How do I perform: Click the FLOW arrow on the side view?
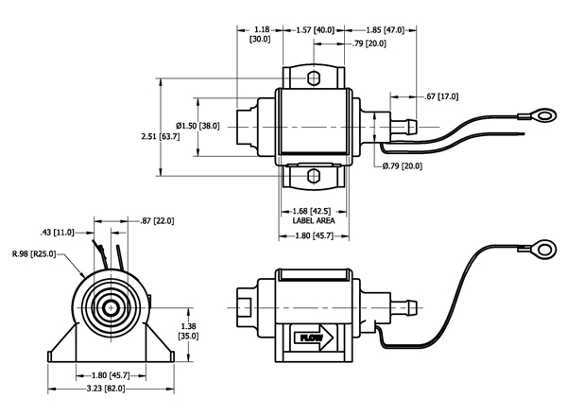314,338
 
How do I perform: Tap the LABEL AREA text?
314,220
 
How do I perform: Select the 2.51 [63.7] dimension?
161,136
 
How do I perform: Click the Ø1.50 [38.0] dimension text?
198,126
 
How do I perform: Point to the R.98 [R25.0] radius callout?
34,254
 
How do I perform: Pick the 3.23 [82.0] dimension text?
106,389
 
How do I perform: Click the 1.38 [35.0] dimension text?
188,331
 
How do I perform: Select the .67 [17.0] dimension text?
441,96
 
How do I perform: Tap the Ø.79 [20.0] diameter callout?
403,166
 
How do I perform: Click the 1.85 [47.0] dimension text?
386,29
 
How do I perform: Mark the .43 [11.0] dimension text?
57,233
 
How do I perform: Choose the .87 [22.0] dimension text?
157,220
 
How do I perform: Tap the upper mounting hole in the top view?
314,78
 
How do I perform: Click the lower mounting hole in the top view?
314,176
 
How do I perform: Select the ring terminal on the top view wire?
545,115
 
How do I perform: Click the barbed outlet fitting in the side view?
404,308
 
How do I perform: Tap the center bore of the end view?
111,308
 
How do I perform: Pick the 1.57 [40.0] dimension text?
316,29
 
